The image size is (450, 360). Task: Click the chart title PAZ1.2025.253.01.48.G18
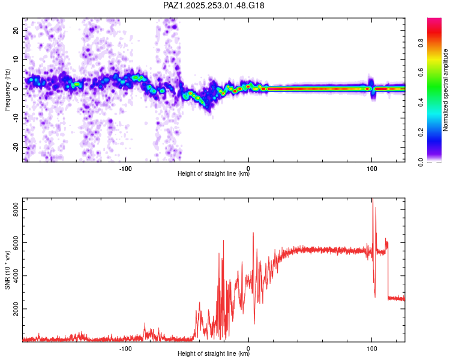tap(214, 5)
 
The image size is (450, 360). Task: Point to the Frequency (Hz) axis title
tap(7, 90)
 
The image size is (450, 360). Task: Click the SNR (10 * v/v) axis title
tap(7, 269)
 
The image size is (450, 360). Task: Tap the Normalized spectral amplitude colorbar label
tap(445, 90)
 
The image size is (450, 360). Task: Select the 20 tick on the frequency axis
tap(17, 30)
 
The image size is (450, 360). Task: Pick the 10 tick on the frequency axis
tap(17, 59)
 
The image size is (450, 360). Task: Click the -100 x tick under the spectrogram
tap(125, 167)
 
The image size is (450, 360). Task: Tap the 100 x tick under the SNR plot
tap(371, 348)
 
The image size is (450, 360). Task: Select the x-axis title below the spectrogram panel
tap(214, 174)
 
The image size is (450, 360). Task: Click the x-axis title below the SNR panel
tap(214, 354)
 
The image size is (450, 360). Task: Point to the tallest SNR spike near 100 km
tap(372, 200)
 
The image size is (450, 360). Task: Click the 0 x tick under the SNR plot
tap(248, 348)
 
